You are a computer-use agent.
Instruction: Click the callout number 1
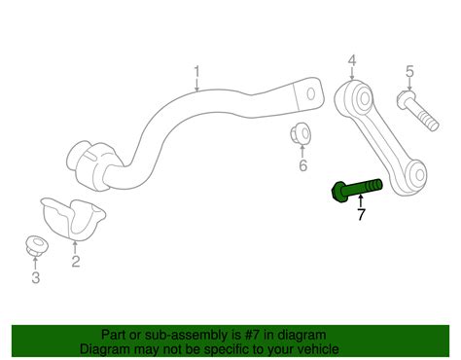(196, 72)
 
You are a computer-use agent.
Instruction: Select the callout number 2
(76, 262)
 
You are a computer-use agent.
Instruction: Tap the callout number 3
(36, 277)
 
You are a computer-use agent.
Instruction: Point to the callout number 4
(352, 60)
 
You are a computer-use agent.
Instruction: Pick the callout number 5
(410, 71)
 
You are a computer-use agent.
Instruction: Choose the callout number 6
(302, 165)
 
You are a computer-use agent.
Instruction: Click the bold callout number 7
(361, 214)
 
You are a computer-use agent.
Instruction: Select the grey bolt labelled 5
(417, 110)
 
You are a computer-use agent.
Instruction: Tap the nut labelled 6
(301, 132)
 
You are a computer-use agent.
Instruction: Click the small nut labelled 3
(36, 246)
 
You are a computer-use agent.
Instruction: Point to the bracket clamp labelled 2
(73, 219)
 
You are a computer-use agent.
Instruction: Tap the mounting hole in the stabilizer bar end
(311, 94)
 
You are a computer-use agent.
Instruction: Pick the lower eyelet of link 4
(418, 175)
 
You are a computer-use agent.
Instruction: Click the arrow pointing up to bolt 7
(360, 201)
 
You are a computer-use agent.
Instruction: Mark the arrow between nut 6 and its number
(302, 152)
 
